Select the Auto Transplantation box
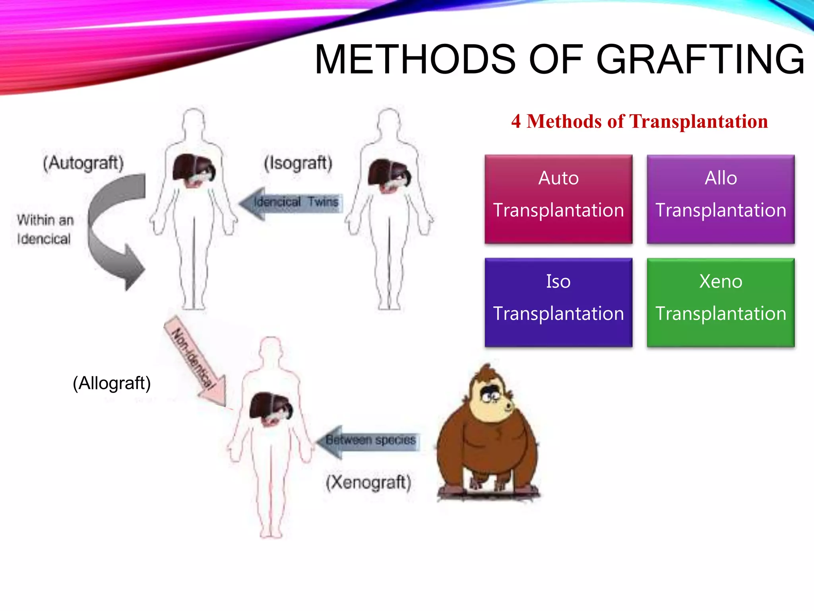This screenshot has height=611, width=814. [x=558, y=199]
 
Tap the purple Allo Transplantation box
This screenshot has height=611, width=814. [x=721, y=199]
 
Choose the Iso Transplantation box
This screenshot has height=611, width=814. [x=558, y=302]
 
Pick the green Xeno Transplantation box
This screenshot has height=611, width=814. [x=721, y=302]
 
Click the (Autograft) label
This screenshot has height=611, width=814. [x=83, y=163]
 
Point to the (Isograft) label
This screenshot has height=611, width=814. [x=298, y=163]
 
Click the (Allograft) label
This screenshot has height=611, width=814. [x=112, y=383]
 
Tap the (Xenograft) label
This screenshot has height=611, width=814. [x=368, y=483]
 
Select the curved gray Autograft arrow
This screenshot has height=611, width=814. [x=107, y=231]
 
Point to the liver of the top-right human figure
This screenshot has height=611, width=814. [x=388, y=173]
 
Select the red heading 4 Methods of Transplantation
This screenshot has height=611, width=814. [x=640, y=121]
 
